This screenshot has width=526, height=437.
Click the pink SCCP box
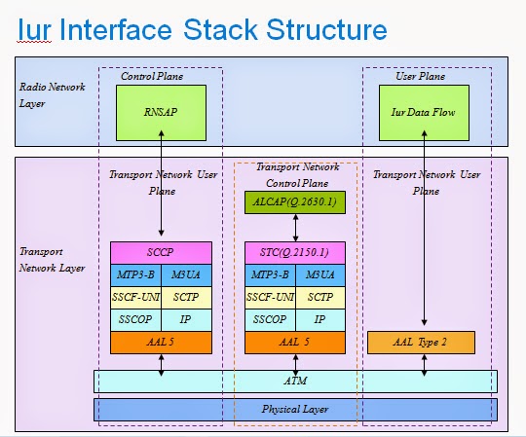point(160,252)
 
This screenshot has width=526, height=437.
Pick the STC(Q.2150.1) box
point(295,252)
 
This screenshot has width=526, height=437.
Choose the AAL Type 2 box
point(421,342)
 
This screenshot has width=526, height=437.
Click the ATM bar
point(295,381)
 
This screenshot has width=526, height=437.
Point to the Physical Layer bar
point(295,409)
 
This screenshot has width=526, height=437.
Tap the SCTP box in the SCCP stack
point(185,296)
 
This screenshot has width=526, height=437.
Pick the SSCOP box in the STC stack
point(270,318)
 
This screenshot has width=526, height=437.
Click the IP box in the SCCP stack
point(185,318)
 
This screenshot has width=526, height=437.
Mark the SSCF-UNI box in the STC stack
point(270,296)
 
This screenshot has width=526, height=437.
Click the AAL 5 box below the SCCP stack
point(160,342)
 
